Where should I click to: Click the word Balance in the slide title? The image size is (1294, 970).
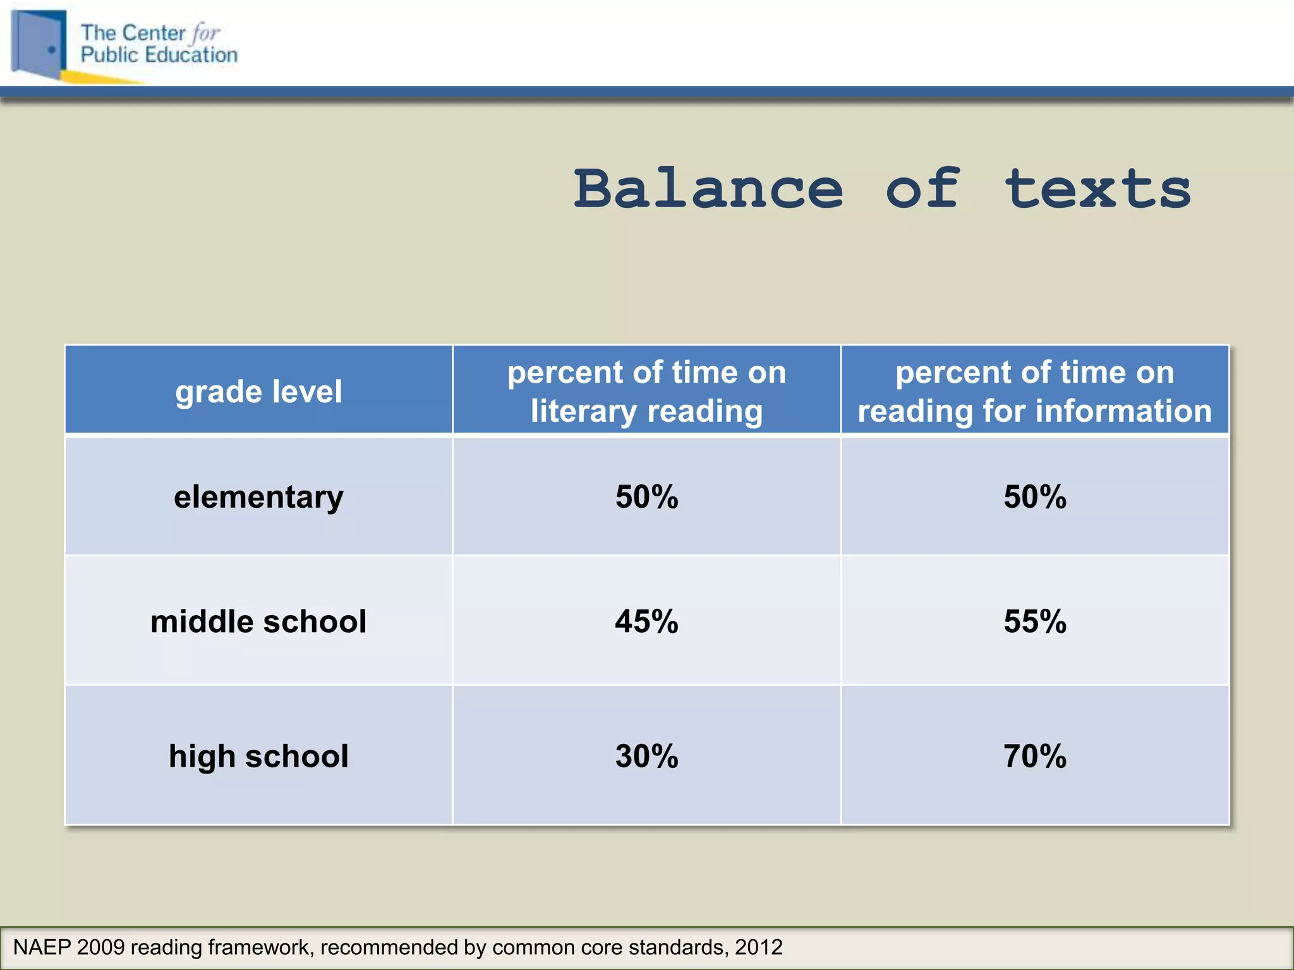pyautogui.click(x=708, y=189)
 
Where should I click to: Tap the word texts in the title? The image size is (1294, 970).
pyautogui.click(x=1097, y=189)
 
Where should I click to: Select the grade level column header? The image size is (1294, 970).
pyautogui.click(x=258, y=391)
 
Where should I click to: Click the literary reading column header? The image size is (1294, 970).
pyautogui.click(x=646, y=391)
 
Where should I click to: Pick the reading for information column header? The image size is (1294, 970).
pyautogui.click(x=1034, y=391)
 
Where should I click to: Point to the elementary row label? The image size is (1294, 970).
pyautogui.click(x=258, y=496)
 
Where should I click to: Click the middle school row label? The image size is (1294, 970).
pyautogui.click(x=258, y=621)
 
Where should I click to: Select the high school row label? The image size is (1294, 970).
pyautogui.click(x=258, y=755)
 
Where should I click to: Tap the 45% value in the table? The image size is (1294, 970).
pyautogui.click(x=646, y=621)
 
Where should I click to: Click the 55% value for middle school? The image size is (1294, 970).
pyautogui.click(x=1034, y=621)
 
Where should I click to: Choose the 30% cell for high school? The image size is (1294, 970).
pyautogui.click(x=646, y=755)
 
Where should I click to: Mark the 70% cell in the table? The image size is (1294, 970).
pyautogui.click(x=1034, y=755)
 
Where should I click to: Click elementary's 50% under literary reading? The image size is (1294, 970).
pyautogui.click(x=646, y=496)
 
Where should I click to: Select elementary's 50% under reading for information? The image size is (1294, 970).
pyautogui.click(x=1034, y=496)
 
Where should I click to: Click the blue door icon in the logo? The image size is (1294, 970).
pyautogui.click(x=39, y=44)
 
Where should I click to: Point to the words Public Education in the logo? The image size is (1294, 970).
pyautogui.click(x=159, y=55)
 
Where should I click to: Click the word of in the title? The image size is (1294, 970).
pyautogui.click(x=922, y=189)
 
